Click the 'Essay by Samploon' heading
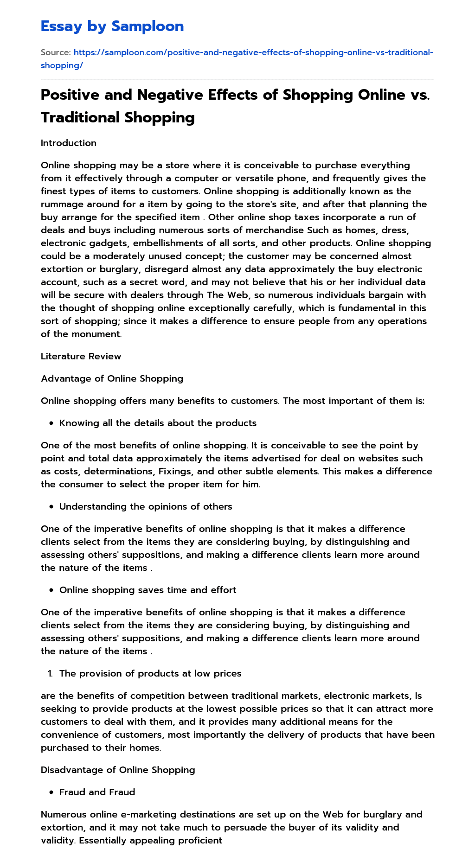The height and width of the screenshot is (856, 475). click(112, 26)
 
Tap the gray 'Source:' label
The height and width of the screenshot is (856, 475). click(56, 52)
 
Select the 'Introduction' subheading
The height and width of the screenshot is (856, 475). click(69, 143)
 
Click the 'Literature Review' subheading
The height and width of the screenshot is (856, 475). click(81, 356)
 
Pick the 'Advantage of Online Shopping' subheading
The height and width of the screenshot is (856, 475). click(112, 378)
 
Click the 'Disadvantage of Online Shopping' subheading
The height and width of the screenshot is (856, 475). click(118, 770)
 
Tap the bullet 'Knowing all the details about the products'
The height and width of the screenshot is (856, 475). click(158, 423)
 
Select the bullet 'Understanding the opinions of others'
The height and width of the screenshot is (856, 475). click(146, 506)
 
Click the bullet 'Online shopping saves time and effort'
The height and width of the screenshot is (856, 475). click(148, 590)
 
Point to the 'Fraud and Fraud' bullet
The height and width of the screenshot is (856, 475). click(97, 792)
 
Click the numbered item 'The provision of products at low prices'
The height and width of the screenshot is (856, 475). click(150, 673)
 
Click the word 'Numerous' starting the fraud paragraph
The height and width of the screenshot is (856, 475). click(63, 814)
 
